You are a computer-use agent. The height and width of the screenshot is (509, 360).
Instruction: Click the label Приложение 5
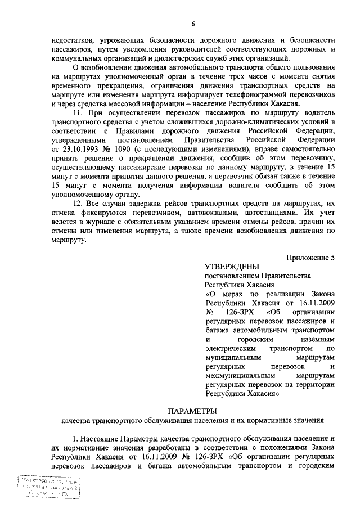(310, 258)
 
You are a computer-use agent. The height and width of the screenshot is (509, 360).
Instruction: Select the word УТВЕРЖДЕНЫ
(231, 267)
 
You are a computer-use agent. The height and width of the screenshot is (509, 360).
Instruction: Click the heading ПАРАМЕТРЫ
(193, 411)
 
